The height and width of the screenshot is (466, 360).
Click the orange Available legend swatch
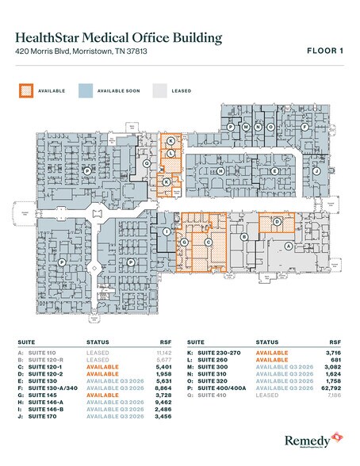click(24, 90)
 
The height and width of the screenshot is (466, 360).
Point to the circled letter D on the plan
click(277, 223)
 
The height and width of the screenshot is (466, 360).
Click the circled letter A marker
click(288, 246)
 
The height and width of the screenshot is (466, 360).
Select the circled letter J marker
click(316, 170)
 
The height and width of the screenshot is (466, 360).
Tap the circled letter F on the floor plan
click(304, 127)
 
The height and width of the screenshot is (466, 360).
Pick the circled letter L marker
click(170, 153)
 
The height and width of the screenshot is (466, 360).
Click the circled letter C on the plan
click(208, 243)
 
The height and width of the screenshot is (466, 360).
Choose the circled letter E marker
click(274, 171)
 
